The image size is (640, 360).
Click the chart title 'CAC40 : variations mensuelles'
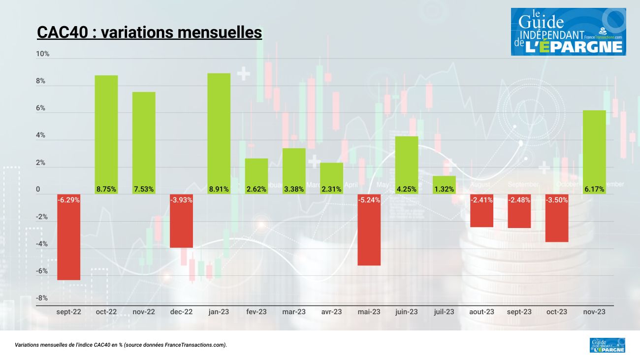point(149,33)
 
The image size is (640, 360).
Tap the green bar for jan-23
point(219,133)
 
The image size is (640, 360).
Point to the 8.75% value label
point(106,189)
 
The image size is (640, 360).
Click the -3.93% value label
point(181,200)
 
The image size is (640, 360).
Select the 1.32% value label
point(444,189)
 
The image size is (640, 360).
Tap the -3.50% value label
point(557,200)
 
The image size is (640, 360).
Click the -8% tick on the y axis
point(42,298)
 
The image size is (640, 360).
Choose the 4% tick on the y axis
point(40,135)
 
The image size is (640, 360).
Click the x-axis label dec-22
point(181,312)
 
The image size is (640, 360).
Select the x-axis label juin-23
point(406,312)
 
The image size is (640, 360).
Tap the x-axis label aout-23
point(481,312)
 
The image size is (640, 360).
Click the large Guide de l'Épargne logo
point(568,32)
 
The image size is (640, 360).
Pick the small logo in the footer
point(607,345)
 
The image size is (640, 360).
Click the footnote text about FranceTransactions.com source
point(121,345)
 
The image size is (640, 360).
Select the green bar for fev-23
point(256,176)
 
